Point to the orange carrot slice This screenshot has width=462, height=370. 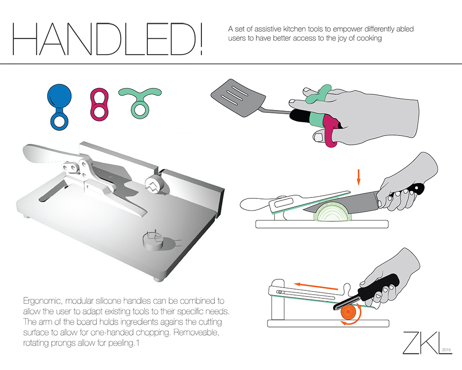click(348, 312)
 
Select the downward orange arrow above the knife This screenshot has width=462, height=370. click(359, 177)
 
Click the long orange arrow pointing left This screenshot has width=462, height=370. click(316, 286)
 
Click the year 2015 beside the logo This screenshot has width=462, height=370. click(447, 350)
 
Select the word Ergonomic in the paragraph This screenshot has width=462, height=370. click(43, 302)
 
